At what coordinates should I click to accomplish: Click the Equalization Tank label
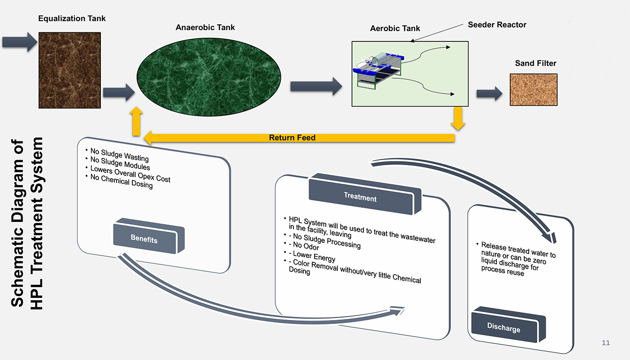tap(72, 19)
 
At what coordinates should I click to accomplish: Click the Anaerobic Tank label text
tap(205, 27)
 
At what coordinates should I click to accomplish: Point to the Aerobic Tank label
tap(395, 28)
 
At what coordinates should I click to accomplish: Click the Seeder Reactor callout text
tap(497, 25)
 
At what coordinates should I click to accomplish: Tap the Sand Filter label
tap(535, 63)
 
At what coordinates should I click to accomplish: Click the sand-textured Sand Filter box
tap(533, 90)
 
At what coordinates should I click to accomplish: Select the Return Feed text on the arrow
tap(292, 138)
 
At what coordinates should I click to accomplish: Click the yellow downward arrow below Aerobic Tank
tap(459, 118)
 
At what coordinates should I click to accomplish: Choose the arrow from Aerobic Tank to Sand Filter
tap(489, 94)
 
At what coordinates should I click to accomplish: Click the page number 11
tap(606, 343)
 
